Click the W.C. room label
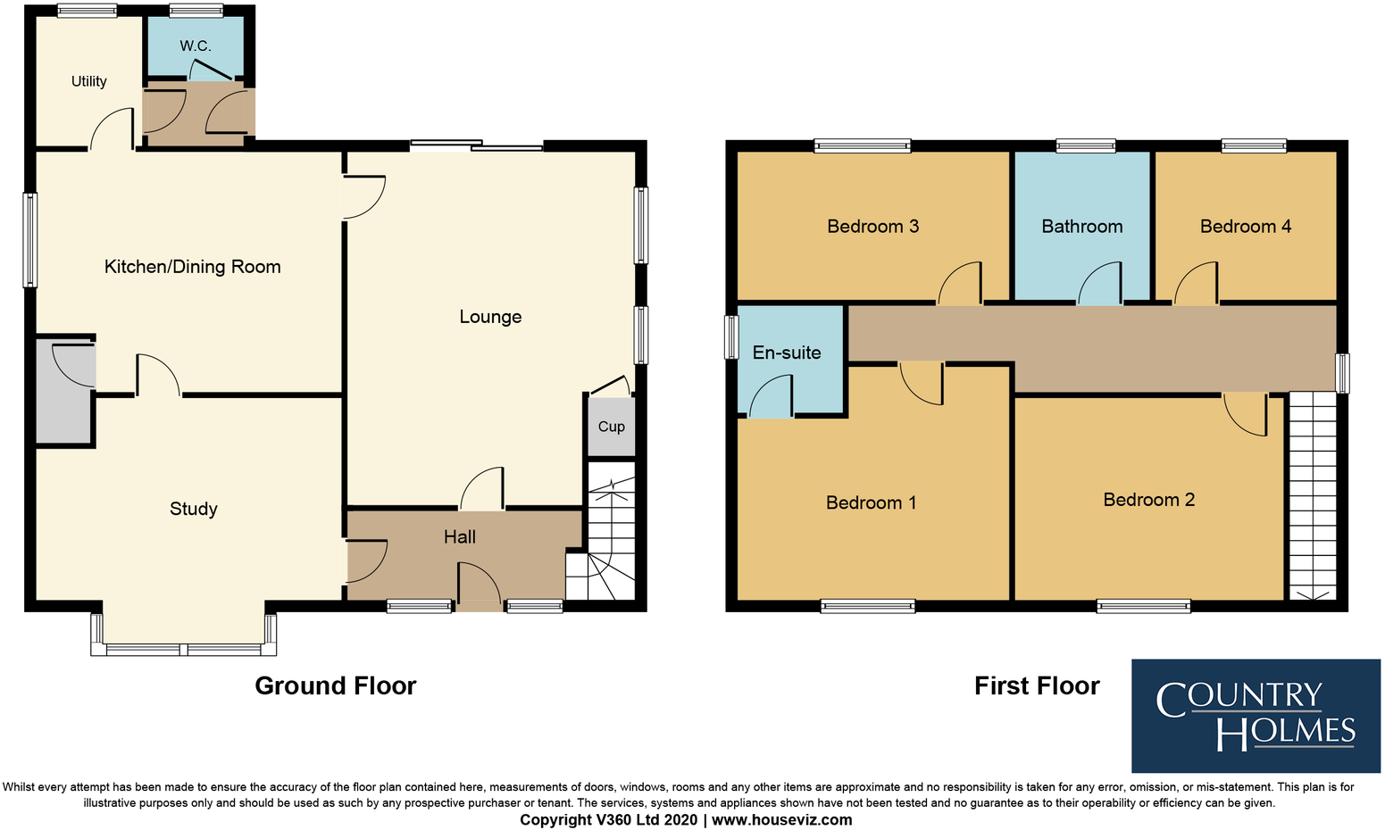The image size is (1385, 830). point(195,46)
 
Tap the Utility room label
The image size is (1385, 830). point(89,81)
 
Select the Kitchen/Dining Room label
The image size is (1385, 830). point(192,267)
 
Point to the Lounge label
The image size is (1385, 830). point(490,317)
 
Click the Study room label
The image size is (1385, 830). point(194,509)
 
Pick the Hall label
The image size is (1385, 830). point(460,537)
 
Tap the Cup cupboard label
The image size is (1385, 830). point(611,427)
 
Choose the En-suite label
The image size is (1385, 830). point(787,353)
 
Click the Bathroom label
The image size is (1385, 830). point(1082,227)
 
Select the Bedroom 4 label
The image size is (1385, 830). point(1246,227)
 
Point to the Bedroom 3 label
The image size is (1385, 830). point(872,227)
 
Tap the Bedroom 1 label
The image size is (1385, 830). point(871,503)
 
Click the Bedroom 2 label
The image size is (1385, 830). point(1148,500)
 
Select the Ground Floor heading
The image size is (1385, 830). point(336,685)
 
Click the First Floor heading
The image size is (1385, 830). point(1037,685)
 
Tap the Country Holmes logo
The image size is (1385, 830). point(1256,716)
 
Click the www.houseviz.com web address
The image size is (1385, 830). point(781,819)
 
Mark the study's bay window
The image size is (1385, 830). point(184,647)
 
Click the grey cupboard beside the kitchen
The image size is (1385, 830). point(64,393)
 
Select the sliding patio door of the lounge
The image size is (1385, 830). point(476,145)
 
